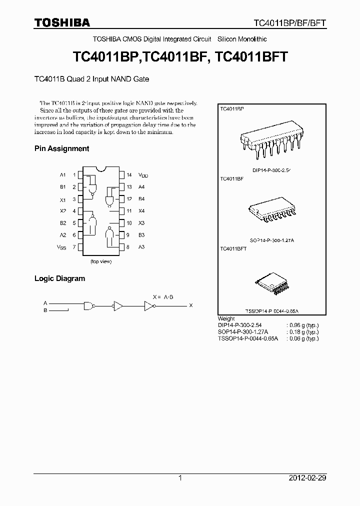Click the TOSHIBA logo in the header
(62, 22)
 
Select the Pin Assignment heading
(61, 148)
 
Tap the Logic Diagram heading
(59, 278)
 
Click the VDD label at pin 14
(144, 175)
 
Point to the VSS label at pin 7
(61, 247)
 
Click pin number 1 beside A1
(74, 175)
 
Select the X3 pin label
(141, 223)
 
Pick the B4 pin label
(141, 199)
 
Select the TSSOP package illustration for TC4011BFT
(271, 283)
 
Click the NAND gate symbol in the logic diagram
(89, 305)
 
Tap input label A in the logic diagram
(45, 303)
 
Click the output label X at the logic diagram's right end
(190, 305)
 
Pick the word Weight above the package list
(226, 318)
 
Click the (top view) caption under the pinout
(101, 261)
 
